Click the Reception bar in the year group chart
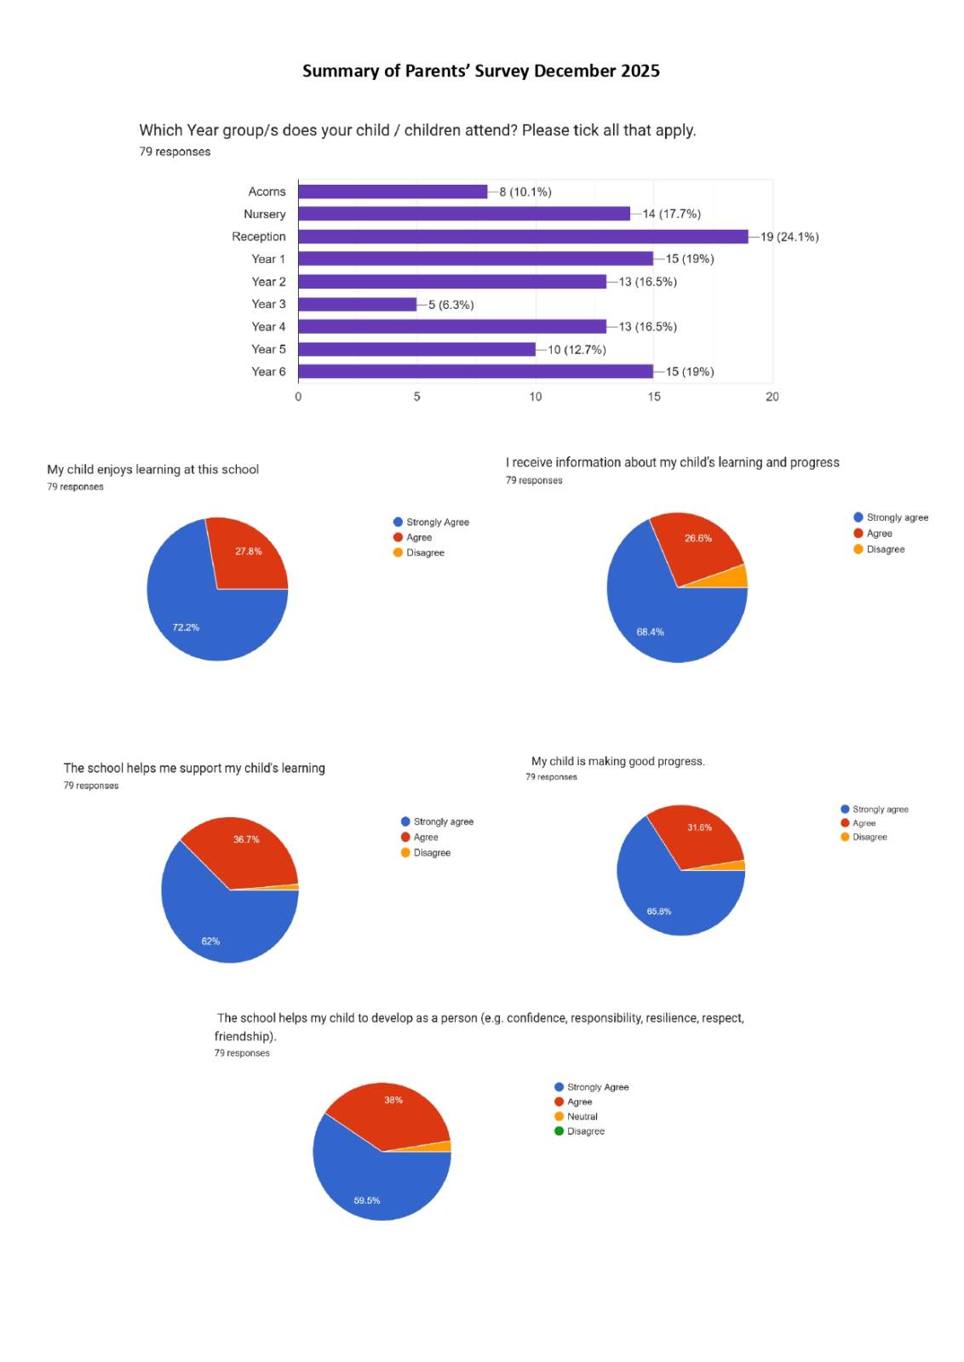523,237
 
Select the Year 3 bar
357,304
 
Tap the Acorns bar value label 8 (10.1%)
525,192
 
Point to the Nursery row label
264,215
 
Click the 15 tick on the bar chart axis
654,397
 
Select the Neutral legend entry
582,1117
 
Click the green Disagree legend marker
559,1131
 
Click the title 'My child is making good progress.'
617,761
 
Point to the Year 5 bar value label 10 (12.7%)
577,350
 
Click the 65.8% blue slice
668,902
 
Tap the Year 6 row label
268,372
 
